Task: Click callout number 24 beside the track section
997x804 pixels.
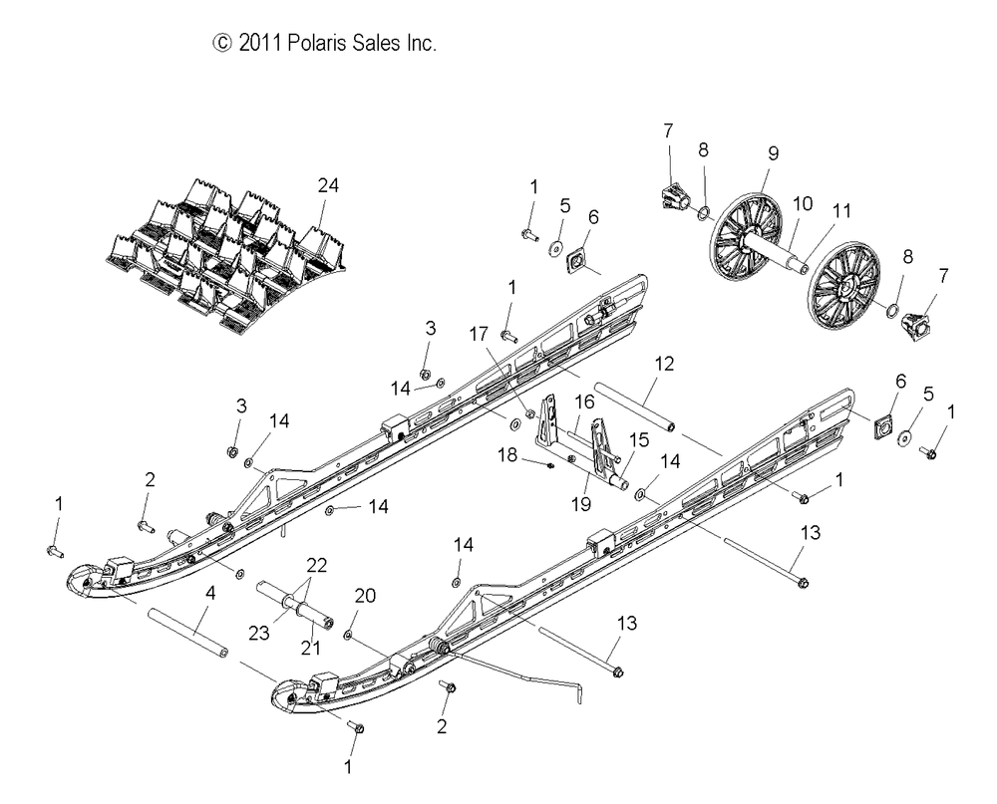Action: pyautogui.click(x=328, y=185)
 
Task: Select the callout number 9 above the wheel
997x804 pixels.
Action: pyautogui.click(x=773, y=153)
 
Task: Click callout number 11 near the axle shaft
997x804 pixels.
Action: pyautogui.click(x=842, y=210)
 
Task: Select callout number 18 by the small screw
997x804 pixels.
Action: pyautogui.click(x=509, y=454)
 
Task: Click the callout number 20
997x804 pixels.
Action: pyautogui.click(x=366, y=596)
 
